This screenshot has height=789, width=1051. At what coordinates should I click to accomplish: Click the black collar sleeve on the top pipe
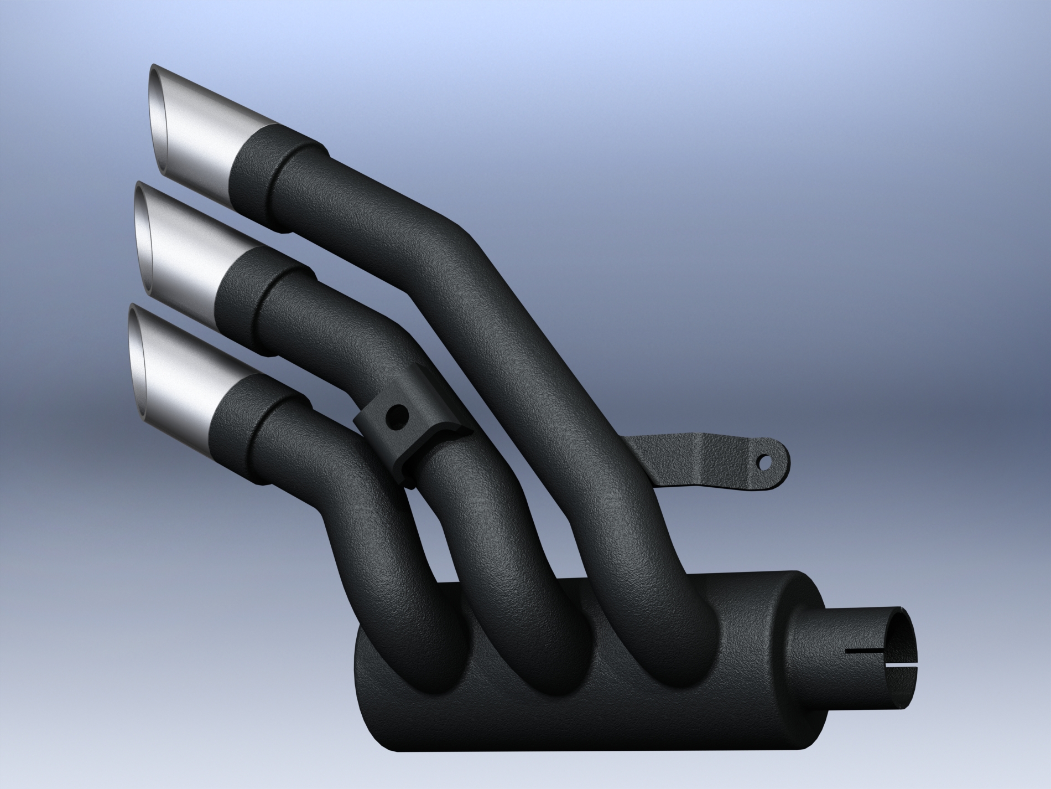coord(260,172)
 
